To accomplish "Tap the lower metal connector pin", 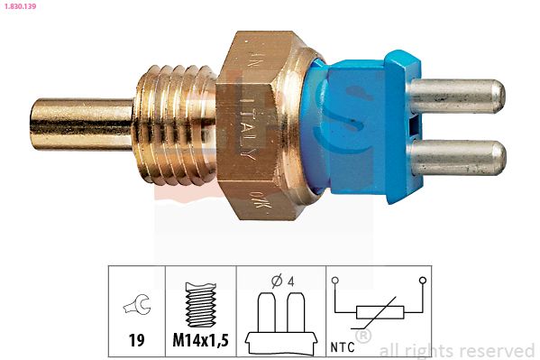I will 461,157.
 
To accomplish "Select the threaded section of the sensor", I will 176,117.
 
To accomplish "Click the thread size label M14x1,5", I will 199,342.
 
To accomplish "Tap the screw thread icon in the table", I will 199,306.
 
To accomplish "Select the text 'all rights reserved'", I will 457,350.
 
